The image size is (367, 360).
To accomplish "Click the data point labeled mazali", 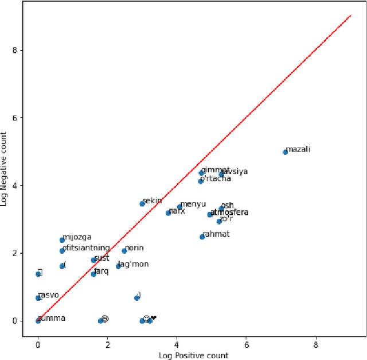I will point(285,152).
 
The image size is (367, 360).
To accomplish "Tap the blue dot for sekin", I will point(142,204).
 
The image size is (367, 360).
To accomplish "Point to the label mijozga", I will point(77,237).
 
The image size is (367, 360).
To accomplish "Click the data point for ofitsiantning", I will point(62,251).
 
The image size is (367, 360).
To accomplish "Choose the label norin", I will point(134,248).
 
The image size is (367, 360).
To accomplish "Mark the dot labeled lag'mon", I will point(118,266).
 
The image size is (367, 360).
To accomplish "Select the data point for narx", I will point(168,213).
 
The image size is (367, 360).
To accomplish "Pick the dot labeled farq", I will point(93,274).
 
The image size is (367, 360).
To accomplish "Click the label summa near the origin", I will point(52,318).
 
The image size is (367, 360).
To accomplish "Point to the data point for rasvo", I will point(38,298).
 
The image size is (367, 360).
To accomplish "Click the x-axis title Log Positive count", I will point(193,355).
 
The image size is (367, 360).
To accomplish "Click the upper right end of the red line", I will point(350,16).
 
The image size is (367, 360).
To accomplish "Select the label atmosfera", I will point(229,212).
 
